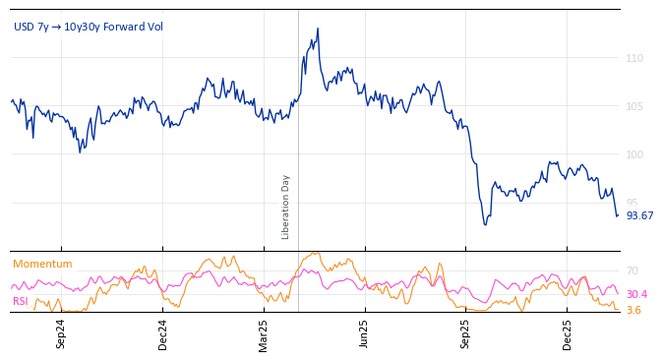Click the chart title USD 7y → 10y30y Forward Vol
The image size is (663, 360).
point(89,27)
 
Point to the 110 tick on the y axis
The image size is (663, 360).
point(634,58)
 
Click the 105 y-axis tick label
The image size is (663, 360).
point(634,106)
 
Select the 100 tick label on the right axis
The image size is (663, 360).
point(634,154)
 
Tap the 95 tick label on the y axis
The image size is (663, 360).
point(632,203)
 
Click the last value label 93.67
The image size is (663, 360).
point(639,215)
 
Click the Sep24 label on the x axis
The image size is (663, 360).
point(61,334)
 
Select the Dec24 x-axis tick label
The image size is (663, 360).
point(162,334)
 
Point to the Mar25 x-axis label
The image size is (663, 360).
point(264,334)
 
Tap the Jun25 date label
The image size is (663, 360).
point(364,334)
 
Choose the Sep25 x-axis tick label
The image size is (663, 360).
point(465,334)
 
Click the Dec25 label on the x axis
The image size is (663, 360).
point(567,334)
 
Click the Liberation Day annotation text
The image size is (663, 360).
point(286,207)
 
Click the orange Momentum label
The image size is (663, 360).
point(42,264)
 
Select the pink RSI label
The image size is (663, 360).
point(20,301)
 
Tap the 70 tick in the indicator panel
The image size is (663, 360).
point(632,270)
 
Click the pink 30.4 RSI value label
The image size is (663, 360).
point(636,294)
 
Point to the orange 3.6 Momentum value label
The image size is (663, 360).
point(633,310)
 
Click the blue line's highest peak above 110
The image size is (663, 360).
point(317,30)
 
